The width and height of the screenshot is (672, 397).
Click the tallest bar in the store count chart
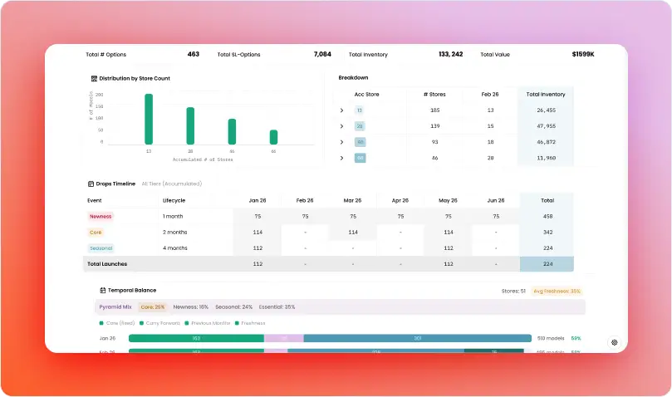pyautogui.click(x=149, y=120)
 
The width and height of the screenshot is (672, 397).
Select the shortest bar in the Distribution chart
pyautogui.click(x=273, y=137)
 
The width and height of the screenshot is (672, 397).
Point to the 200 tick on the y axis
pyautogui.click(x=100, y=95)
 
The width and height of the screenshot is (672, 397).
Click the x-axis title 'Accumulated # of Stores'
pyautogui.click(x=203, y=159)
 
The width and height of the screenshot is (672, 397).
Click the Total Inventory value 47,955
pyautogui.click(x=546, y=126)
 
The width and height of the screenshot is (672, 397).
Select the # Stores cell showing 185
pyautogui.click(x=434, y=110)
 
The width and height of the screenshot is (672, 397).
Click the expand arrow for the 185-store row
pyautogui.click(x=341, y=110)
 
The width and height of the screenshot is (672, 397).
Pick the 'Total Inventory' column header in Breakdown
pyautogui.click(x=546, y=95)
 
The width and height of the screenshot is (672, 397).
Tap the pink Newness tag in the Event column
pyautogui.click(x=101, y=216)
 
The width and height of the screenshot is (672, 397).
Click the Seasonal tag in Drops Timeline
pyautogui.click(x=101, y=248)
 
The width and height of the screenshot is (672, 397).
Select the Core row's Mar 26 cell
pyautogui.click(x=352, y=232)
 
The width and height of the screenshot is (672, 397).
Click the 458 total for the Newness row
pyautogui.click(x=547, y=216)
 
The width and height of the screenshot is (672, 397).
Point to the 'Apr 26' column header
pyautogui.click(x=400, y=200)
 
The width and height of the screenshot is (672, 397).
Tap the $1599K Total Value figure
pyautogui.click(x=583, y=54)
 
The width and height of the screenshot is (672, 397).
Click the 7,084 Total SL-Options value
pyautogui.click(x=322, y=54)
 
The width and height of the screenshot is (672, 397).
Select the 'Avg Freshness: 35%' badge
pyautogui.click(x=557, y=292)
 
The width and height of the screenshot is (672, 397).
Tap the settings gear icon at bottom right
pyautogui.click(x=615, y=342)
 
